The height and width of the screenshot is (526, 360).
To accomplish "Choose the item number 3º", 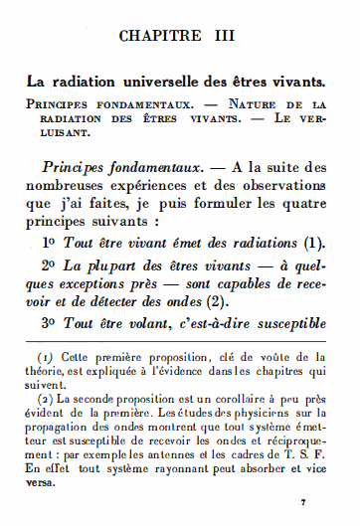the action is pos(51,323).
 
